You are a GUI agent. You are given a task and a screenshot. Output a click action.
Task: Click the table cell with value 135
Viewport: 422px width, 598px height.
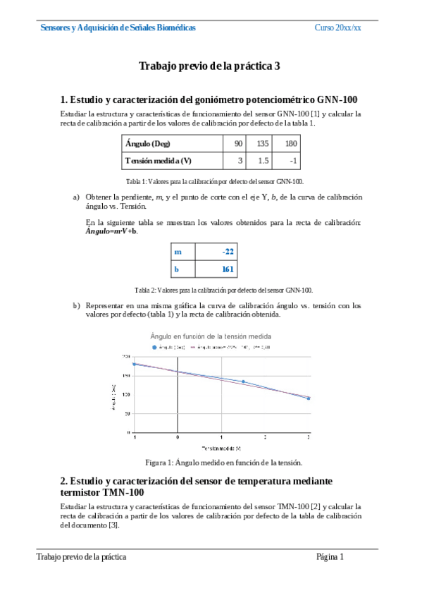click(264, 144)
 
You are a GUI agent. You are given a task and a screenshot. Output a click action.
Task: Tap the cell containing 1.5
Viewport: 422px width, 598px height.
click(264, 161)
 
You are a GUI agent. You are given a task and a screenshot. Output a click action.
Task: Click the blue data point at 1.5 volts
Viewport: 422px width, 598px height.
click(243, 382)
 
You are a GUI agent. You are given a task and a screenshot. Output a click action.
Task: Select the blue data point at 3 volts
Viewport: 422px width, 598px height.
click(309, 398)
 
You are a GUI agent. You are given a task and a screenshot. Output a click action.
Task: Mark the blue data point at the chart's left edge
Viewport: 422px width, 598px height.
click(134, 365)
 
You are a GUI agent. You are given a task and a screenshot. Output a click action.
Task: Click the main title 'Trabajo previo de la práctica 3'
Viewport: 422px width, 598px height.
click(210, 66)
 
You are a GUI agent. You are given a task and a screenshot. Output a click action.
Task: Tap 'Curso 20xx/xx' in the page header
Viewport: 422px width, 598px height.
click(337, 28)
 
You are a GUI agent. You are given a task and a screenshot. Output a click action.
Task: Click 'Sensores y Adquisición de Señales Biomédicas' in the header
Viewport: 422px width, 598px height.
click(118, 28)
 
